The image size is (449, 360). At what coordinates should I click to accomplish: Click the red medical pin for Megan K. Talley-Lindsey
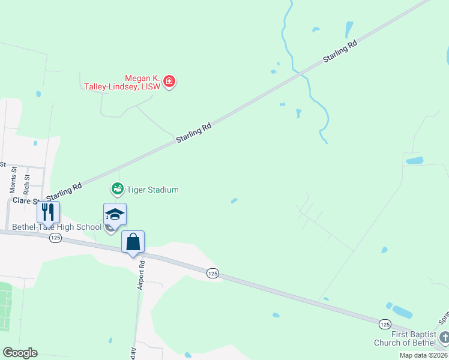tap(169, 82)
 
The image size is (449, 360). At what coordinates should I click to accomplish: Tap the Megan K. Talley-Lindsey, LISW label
tap(122, 82)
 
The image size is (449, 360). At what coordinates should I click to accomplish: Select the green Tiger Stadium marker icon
tap(117, 190)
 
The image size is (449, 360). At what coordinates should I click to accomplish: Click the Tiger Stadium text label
tap(152, 190)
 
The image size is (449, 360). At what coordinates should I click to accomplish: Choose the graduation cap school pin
tap(115, 214)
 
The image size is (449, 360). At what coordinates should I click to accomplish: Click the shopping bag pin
tap(133, 242)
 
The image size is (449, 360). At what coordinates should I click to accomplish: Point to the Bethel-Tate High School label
tap(57, 227)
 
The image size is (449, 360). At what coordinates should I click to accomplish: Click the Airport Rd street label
tap(142, 275)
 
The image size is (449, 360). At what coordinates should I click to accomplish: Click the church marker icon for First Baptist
tap(444, 337)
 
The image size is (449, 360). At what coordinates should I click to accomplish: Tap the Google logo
tap(20, 353)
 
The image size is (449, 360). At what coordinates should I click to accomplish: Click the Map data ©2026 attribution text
tap(422, 355)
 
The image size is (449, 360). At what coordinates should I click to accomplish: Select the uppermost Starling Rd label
tap(340, 51)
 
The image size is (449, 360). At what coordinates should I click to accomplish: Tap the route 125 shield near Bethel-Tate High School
tap(56, 238)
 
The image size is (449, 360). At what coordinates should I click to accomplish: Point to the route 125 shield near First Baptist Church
tap(385, 324)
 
